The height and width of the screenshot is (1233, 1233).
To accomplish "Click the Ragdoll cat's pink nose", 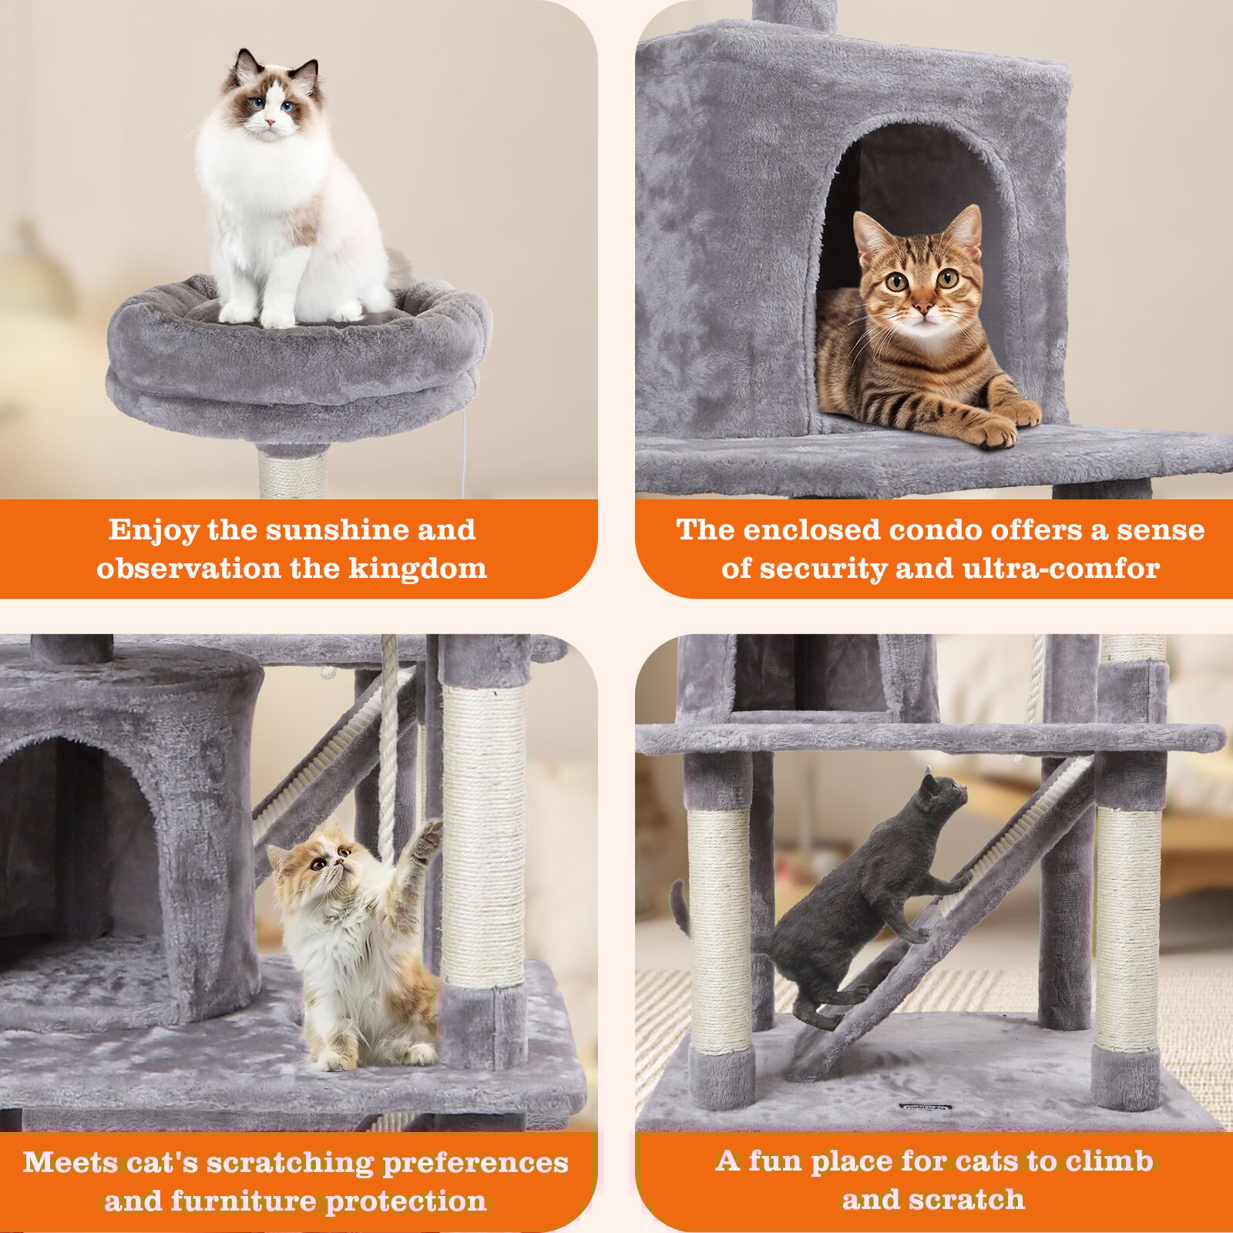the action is (x=270, y=122).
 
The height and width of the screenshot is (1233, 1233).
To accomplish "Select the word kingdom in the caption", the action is (x=417, y=569).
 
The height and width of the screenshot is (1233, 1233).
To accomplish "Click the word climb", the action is (x=1107, y=1161).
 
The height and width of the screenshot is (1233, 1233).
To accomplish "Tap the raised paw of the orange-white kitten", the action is (x=425, y=836).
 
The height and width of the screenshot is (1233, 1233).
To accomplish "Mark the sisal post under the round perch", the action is (x=293, y=475).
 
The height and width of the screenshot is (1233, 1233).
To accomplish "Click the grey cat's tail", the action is (x=680, y=909).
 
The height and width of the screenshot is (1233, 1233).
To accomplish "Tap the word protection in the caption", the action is (x=406, y=1201).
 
